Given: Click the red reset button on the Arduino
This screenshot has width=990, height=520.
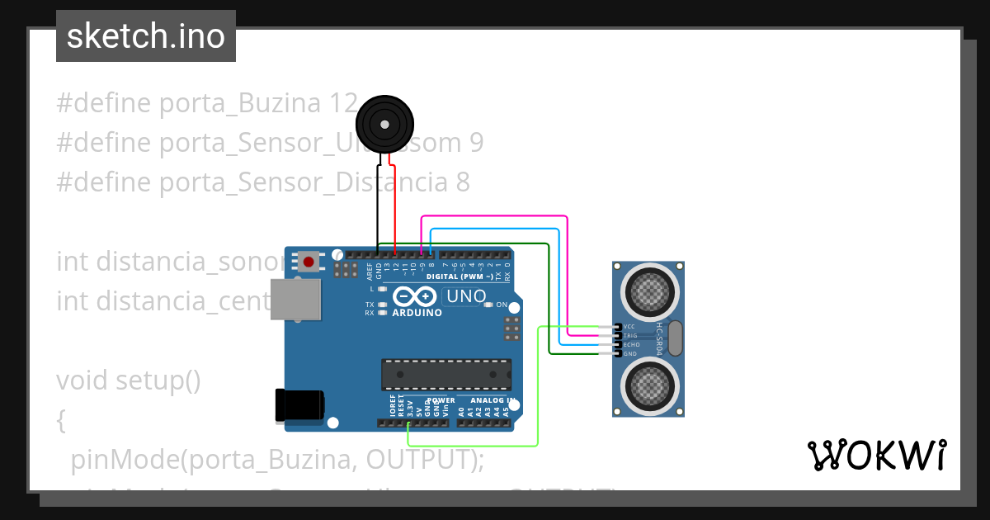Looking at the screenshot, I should click(309, 262).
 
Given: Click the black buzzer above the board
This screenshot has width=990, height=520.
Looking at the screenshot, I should click(383, 125).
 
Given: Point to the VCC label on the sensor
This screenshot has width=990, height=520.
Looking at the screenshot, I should click(629, 327).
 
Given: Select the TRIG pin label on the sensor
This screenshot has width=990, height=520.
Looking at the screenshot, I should click(630, 336).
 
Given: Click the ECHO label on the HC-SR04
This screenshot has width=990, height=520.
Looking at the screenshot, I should click(631, 345).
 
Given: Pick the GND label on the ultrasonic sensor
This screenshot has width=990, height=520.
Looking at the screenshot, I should click(629, 354).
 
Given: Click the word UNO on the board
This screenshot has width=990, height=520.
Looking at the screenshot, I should click(466, 295).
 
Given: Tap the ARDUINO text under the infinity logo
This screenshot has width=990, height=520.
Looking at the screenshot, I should click(417, 314).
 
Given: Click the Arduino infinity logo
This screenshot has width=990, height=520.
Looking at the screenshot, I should click(415, 296).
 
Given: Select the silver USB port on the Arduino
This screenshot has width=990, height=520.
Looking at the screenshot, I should click(296, 299).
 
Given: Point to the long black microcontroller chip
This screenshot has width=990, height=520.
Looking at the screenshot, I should click(445, 374).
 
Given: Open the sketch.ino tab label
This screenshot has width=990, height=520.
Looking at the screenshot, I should click(146, 36).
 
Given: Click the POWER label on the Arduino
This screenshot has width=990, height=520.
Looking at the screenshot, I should click(441, 400).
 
